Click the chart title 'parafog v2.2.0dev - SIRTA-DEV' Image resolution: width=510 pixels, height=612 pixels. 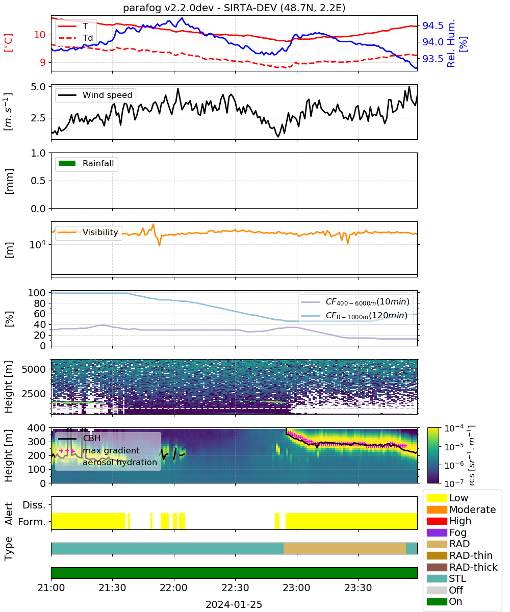click(x=200, y=8)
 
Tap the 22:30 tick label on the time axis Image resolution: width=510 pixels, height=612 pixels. click(x=235, y=588)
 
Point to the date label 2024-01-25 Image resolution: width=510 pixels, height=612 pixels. click(x=234, y=604)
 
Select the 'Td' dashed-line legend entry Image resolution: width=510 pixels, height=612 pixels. click(x=75, y=38)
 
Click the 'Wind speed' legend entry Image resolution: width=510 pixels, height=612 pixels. click(x=95, y=95)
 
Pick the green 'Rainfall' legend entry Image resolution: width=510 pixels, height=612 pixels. click(x=86, y=163)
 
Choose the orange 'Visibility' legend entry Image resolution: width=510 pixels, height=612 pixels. click(x=88, y=232)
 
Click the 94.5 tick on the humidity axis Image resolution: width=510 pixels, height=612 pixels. click(x=432, y=26)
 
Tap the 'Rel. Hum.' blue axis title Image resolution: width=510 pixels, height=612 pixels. click(x=451, y=43)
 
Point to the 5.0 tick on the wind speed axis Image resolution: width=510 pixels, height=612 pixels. click(x=38, y=87)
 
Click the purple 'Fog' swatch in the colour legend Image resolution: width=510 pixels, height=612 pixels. click(x=437, y=532)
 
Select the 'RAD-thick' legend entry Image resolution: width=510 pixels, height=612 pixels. click(x=462, y=567)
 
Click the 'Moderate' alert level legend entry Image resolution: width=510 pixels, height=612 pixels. click(x=461, y=509)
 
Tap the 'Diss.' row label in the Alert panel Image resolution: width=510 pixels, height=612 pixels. click(x=34, y=505)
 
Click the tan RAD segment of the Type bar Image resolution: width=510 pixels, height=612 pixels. click(x=345, y=548)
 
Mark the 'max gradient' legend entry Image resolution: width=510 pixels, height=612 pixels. click(x=99, y=450)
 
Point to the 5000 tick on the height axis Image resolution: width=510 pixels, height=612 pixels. click(x=34, y=369)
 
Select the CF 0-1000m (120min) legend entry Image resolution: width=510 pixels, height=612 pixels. click(x=354, y=315)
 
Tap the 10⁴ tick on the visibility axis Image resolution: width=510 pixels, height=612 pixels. click(x=38, y=244)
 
